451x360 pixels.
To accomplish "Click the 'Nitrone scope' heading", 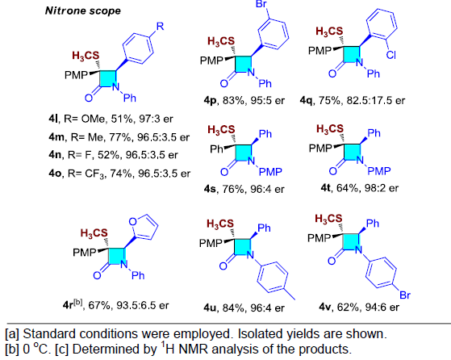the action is click(x=83, y=11).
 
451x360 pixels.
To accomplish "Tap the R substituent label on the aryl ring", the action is click(x=160, y=26).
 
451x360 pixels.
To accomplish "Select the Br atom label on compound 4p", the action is click(x=261, y=4).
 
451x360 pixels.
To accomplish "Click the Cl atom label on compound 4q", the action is click(x=390, y=54).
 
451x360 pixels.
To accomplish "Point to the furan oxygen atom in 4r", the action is click(x=133, y=222).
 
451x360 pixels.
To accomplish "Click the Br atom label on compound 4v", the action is click(x=405, y=295).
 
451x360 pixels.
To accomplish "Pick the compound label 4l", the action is click(x=53, y=119).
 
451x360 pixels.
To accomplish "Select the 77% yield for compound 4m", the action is click(x=120, y=137).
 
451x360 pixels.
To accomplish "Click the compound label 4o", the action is click(x=55, y=174).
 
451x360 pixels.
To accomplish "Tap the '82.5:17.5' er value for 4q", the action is click(x=369, y=100).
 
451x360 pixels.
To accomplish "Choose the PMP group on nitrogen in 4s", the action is click(x=270, y=172).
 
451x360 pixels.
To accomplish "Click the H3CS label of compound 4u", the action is click(x=220, y=224).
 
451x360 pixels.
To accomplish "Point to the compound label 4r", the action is click(x=73, y=305).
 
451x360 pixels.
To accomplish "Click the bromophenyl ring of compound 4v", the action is click(x=381, y=273).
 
